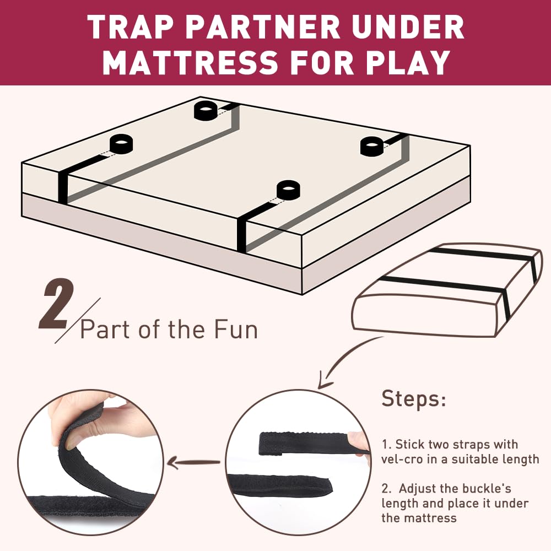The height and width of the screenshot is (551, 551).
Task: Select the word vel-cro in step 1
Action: coord(404,459)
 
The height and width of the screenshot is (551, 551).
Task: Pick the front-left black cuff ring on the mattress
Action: coord(122,144)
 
